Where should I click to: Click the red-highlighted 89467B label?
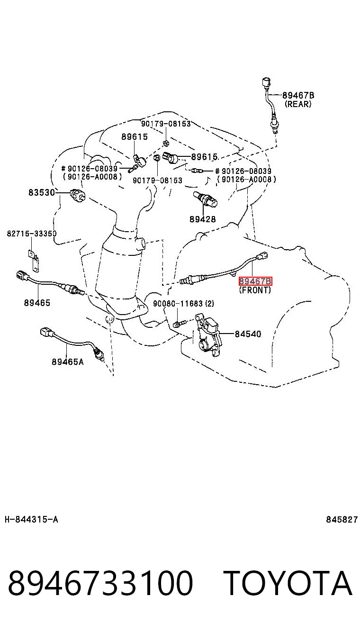pos(255,281)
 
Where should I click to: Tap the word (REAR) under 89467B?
pos(298,104)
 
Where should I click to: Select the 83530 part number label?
pos(42,192)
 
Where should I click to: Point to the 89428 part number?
pos(203,219)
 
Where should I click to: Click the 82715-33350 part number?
pos(32,234)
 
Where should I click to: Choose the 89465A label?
pos(68,361)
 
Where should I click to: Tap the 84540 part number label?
pos(248,334)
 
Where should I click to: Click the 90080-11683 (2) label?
pos(183,303)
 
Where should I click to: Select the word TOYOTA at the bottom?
pos(288,583)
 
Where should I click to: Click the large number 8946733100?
pos(100,583)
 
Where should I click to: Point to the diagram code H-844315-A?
pos(31,519)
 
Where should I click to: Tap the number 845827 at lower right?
pos(342,519)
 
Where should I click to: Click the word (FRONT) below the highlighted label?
pos(255,290)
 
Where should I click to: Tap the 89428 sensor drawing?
pos(205,199)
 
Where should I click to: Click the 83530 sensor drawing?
pos(78,195)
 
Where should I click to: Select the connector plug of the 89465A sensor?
pos(47,333)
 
